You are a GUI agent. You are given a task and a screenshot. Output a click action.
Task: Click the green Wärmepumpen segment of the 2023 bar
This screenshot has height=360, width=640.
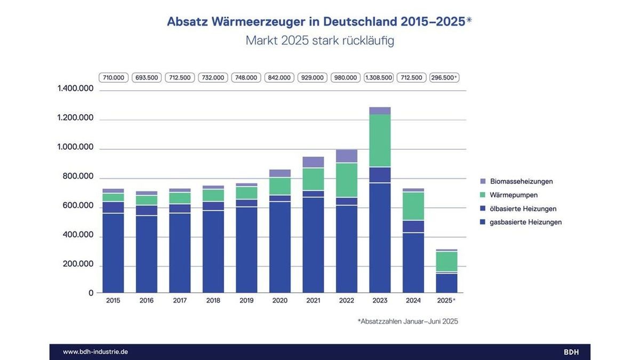(x=380, y=141)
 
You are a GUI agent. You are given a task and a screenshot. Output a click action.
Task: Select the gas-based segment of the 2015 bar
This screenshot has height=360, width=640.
(x=113, y=253)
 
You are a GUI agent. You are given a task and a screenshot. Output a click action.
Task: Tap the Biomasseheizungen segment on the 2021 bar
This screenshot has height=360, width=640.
(x=313, y=162)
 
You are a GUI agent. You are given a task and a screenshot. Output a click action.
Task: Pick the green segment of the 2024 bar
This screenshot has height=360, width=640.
(x=413, y=206)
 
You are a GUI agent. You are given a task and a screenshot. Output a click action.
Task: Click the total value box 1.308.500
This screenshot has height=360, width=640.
(x=379, y=78)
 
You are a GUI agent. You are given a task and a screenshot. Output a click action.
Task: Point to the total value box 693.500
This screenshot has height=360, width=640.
(x=147, y=78)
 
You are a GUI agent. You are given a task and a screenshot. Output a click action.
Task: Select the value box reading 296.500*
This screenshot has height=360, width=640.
(x=444, y=78)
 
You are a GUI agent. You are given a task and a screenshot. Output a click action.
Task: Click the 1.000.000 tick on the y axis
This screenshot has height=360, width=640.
(x=75, y=147)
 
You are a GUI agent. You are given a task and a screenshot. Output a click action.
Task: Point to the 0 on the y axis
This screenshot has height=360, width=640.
(x=91, y=293)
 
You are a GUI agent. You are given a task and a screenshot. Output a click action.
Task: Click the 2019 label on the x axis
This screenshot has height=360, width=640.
(x=246, y=301)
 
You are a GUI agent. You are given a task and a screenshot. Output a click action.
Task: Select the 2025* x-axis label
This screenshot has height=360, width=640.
(x=446, y=301)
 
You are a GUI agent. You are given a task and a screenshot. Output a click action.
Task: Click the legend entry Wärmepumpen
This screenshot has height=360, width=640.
(x=514, y=195)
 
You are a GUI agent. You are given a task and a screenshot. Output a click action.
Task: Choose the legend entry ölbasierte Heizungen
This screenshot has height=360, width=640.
(x=523, y=209)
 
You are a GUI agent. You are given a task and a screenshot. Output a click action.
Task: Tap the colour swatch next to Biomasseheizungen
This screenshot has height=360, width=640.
(x=483, y=181)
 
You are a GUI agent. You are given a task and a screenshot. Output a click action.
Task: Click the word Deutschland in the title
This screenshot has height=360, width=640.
(x=360, y=22)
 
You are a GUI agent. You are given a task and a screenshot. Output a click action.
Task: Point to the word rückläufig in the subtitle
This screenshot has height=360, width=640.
(x=368, y=41)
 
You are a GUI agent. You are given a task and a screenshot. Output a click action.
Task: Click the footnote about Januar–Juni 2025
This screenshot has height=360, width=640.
(x=408, y=322)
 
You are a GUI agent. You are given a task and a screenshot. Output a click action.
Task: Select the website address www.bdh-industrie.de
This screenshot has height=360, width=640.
(x=95, y=352)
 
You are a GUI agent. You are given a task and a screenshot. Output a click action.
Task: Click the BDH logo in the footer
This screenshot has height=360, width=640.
(x=571, y=352)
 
